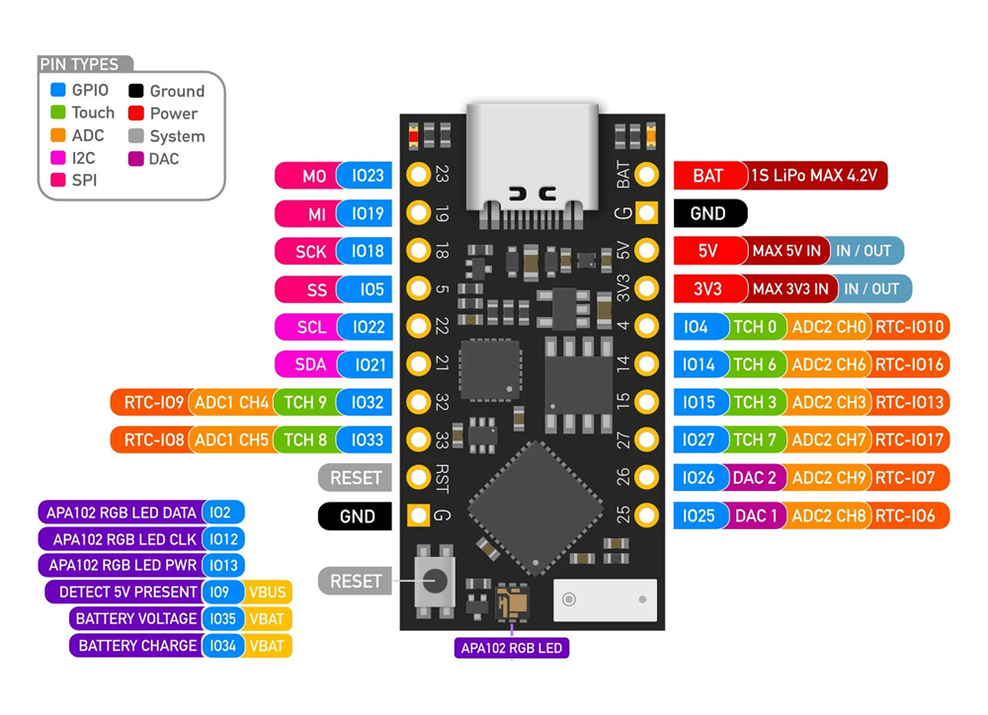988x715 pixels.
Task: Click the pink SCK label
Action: click(310, 251)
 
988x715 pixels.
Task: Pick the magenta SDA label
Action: click(310, 364)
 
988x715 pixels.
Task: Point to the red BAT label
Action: click(707, 176)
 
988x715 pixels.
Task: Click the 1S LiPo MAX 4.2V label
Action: click(813, 176)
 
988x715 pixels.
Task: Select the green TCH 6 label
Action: click(755, 364)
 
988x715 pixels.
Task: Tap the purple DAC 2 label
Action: click(755, 478)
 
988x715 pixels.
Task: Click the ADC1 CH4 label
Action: click(232, 402)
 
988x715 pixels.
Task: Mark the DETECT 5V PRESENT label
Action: click(127, 592)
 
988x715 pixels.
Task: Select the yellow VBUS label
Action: click(268, 592)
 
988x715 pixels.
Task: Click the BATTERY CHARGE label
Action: click(136, 646)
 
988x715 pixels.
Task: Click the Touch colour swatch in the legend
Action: click(58, 113)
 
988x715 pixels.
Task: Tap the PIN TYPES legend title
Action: click(79, 64)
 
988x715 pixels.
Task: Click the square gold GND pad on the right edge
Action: click(646, 212)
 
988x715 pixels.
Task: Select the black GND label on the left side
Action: click(357, 516)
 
